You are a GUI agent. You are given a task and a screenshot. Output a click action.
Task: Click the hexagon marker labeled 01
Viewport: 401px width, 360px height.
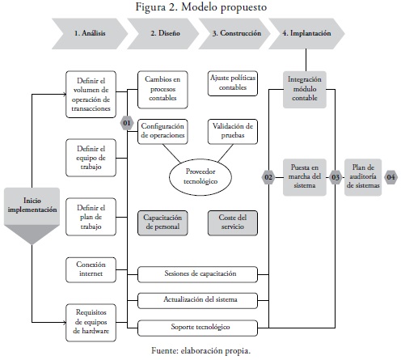tap(127, 123)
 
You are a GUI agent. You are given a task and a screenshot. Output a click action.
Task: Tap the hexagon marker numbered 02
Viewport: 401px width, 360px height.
tap(268, 177)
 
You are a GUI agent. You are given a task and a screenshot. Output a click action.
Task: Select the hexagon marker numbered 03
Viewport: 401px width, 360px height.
tap(336, 177)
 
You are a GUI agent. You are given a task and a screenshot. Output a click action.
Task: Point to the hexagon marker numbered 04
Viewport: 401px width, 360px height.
tap(390, 177)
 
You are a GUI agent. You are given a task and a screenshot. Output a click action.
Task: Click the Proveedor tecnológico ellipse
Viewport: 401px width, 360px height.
tap(200, 176)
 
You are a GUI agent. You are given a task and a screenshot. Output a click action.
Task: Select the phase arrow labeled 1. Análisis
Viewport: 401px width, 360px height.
tap(90, 33)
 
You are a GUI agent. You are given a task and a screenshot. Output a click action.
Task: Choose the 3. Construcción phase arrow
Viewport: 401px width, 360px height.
tap(234, 33)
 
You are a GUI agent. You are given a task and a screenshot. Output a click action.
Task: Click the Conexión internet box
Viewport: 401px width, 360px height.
tap(91, 269)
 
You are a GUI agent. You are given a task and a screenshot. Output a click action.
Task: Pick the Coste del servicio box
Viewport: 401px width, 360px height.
tap(233, 222)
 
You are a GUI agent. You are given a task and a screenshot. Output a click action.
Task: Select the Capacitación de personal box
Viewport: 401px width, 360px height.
tap(163, 222)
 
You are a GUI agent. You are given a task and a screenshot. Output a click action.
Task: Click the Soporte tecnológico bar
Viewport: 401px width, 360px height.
tap(197, 328)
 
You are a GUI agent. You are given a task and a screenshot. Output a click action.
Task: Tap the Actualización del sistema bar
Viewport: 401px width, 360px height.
tap(197, 300)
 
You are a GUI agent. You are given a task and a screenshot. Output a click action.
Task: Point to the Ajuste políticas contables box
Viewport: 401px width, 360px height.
tap(233, 83)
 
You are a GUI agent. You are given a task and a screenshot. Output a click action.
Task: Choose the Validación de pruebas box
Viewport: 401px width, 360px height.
tap(233, 131)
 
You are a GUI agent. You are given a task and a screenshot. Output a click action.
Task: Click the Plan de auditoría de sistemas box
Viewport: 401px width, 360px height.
tap(363, 177)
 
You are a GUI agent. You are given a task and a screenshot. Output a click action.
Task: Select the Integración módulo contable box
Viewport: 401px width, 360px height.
tap(305, 90)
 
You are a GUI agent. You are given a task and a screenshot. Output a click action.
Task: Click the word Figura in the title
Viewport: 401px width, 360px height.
tap(150, 7)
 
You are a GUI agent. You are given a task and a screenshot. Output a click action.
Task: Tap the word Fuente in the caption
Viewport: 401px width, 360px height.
tap(164, 350)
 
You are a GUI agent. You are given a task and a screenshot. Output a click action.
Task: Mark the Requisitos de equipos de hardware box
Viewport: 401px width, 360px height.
tap(91, 323)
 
